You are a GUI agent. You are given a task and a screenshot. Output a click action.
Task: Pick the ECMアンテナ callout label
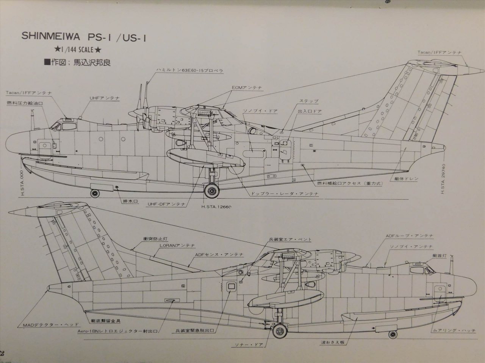tap(247, 88)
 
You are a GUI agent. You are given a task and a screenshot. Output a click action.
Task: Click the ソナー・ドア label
tap(246, 345)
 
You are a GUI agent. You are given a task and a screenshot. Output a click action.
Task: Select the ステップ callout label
tap(309, 101)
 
